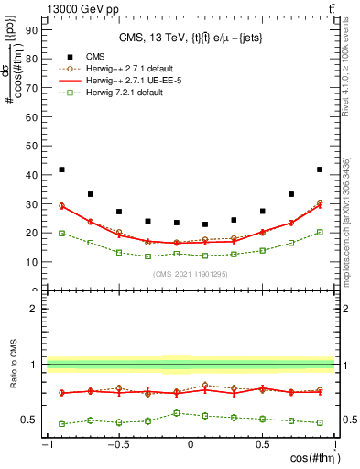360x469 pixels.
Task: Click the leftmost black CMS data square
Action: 61,169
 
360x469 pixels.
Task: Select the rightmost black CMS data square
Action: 319,169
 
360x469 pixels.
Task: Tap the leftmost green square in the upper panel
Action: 61,233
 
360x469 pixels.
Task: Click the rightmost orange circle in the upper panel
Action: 319,202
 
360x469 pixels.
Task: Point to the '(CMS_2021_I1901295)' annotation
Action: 190,275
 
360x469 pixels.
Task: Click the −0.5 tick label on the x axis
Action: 117,445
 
